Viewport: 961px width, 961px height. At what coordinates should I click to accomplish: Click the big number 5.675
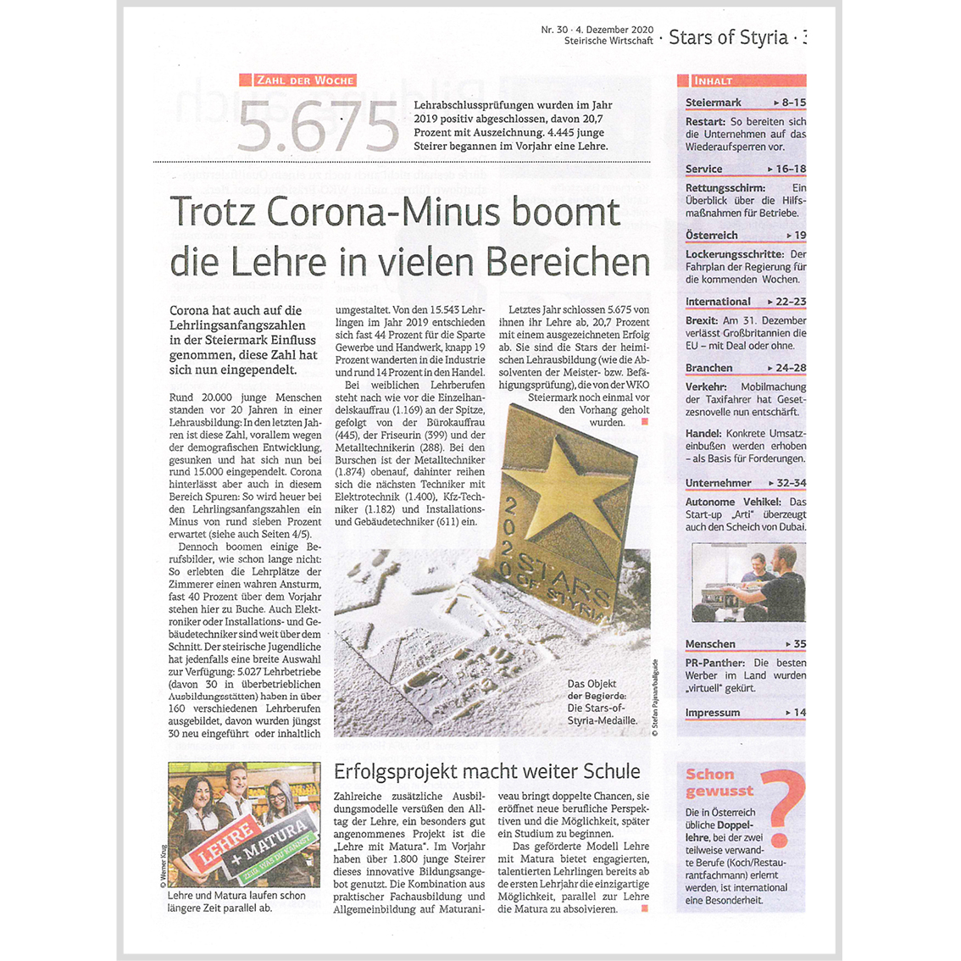coord(318,127)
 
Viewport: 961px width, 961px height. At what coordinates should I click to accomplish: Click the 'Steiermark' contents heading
coord(714,103)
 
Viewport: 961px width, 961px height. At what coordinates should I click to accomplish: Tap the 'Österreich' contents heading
coord(712,235)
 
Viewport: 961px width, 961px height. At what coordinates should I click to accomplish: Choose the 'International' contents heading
coord(718,301)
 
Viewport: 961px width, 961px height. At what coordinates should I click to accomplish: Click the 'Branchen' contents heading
coord(709,367)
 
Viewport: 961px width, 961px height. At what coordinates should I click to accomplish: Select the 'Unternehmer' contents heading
coord(719,482)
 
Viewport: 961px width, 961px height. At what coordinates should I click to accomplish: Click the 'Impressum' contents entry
coord(713,712)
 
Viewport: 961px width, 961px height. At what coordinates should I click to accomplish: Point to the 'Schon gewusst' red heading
coord(719,781)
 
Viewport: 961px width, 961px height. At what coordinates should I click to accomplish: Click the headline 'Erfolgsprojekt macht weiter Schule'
coord(487,771)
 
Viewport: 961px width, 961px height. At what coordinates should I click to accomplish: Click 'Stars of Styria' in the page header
coord(728,37)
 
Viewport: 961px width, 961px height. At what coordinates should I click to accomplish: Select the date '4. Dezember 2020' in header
coord(617,30)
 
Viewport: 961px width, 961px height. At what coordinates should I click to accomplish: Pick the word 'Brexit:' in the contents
coord(702,320)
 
